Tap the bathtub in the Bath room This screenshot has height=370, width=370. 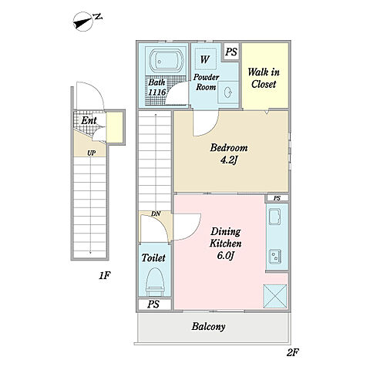(167, 61)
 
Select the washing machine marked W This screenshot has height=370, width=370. (205, 59)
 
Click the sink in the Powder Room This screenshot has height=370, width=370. (228, 92)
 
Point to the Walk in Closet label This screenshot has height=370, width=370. (264, 78)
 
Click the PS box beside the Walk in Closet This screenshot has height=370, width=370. (231, 52)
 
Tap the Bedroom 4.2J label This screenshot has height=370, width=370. (229, 154)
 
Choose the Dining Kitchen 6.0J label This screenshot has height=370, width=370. (225, 244)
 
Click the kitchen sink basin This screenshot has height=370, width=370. (274, 217)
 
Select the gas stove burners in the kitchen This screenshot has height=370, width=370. (275, 257)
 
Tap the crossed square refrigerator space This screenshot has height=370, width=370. (275, 296)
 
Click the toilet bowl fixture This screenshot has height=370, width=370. (155, 282)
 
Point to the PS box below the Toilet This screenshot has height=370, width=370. (154, 304)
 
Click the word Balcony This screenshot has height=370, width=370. (208, 327)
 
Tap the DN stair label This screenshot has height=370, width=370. (156, 214)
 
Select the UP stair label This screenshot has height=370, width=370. (91, 153)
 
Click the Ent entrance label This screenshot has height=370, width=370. (89, 120)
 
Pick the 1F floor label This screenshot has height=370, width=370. (105, 276)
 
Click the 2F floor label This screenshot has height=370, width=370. (293, 352)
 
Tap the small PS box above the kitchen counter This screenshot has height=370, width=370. (277, 198)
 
